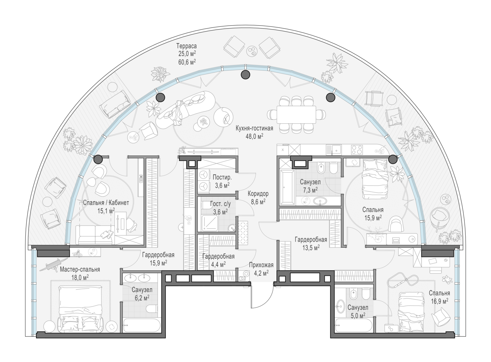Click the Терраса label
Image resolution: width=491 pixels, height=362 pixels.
click(186, 46)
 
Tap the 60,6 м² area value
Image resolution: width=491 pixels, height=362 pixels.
click(187, 62)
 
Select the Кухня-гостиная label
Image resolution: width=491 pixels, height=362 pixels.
click(254, 128)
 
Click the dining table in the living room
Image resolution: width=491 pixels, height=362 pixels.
click(296, 115)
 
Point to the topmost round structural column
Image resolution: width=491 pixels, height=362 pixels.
click(245, 75)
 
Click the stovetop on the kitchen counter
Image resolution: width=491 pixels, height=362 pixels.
click(357, 150)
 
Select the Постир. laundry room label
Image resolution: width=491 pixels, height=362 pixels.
click(222, 177)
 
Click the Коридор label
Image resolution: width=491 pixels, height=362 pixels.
click(258, 193)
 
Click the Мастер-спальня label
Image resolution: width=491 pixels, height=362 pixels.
click(80, 269)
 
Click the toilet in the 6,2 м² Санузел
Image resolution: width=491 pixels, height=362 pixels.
click(153, 309)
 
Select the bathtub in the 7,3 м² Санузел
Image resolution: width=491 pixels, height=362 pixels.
click(288, 187)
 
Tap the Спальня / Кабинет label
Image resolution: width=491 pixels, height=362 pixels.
click(106, 203)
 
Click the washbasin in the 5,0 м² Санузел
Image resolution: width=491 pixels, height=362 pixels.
click(341, 306)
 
